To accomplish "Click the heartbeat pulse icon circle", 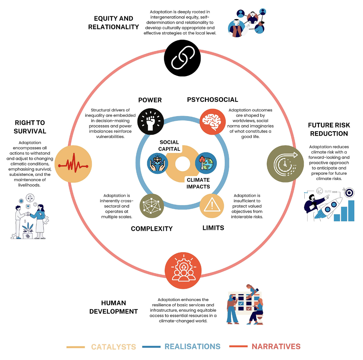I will coord(74,164).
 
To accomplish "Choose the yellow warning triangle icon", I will coord(212,206).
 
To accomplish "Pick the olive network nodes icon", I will coord(151,206).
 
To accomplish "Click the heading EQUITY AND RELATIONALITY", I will coord(113,23).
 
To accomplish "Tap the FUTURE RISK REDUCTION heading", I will coord(328,129).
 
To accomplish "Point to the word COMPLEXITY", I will coord(151,229).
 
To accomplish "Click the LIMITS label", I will coord(213,228).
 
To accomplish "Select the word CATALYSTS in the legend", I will coord(113,347).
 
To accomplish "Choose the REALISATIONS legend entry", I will coord(192,347).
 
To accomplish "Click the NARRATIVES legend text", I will coord(276,347).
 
